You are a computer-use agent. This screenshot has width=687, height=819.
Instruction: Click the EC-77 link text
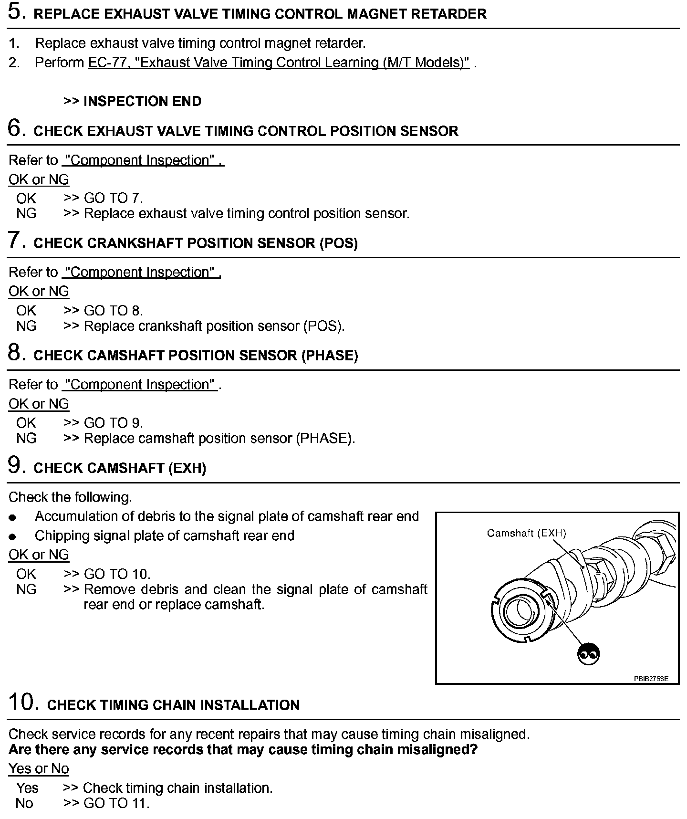coord(279,63)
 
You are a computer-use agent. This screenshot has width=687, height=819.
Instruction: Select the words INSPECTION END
coord(142,101)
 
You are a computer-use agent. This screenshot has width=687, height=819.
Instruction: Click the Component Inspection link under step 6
coord(143,160)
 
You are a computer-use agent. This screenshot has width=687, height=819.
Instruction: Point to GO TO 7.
coord(113,198)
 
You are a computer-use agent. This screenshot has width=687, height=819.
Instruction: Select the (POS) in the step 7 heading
coord(338,243)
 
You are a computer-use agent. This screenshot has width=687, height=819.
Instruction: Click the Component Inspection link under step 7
coord(142,272)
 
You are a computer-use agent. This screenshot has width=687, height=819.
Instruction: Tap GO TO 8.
coord(113,311)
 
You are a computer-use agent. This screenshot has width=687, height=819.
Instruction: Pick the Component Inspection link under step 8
coord(141,385)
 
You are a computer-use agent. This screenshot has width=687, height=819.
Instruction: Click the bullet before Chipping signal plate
coord(12,536)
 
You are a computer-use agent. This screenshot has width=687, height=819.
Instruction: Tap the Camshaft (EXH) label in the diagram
coord(526,533)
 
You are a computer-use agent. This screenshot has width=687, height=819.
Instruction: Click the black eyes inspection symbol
coord(588,653)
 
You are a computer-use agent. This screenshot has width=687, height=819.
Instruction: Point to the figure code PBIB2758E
coord(651,678)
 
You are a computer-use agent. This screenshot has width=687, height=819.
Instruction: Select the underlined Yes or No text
coord(39,768)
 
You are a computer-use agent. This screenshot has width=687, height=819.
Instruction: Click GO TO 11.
coord(116,803)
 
